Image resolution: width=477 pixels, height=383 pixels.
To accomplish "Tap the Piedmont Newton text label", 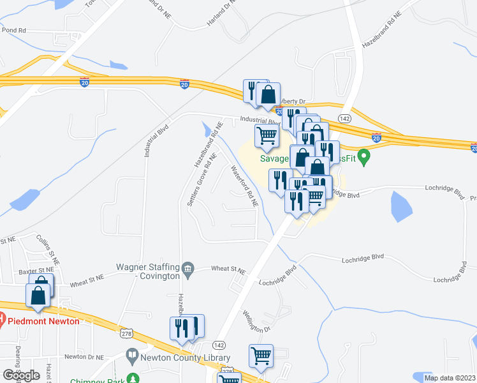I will (43, 320).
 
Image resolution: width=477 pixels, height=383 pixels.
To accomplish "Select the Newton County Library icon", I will (132, 354).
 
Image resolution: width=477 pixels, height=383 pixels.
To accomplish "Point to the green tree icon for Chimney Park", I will (133, 379).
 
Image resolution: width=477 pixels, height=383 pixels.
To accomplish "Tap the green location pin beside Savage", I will (364, 156).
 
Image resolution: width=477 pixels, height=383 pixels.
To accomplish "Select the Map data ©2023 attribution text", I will (450, 378).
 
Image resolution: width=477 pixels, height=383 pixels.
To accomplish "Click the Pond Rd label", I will (14, 29).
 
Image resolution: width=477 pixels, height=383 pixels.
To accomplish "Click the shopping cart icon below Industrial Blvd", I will (267, 134).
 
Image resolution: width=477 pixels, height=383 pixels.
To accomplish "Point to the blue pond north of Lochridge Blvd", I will (400, 206).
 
